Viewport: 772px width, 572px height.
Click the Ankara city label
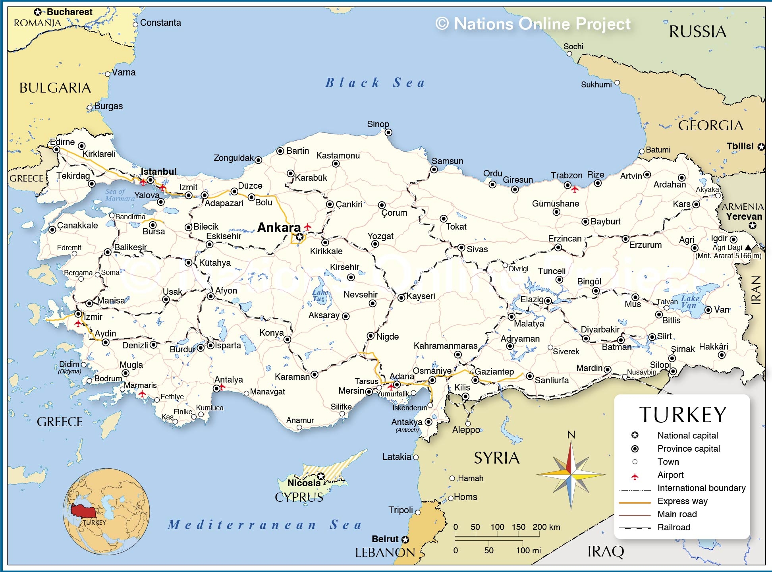(x=279, y=228)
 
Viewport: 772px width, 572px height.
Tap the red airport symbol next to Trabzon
(x=575, y=189)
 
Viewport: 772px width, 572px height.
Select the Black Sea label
(x=375, y=83)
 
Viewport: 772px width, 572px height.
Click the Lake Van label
(x=690, y=301)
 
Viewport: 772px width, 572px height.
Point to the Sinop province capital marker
(x=388, y=132)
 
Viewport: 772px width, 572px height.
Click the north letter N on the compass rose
(x=571, y=435)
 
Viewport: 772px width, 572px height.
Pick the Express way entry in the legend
(x=682, y=501)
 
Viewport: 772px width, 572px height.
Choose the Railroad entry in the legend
(x=674, y=527)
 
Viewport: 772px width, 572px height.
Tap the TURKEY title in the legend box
(x=683, y=415)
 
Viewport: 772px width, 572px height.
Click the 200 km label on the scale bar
(x=546, y=527)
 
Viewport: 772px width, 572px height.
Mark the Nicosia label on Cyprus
(x=304, y=483)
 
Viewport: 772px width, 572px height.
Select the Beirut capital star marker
(x=405, y=539)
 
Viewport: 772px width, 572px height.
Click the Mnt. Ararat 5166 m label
(x=728, y=256)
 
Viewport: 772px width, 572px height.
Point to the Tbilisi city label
(x=740, y=146)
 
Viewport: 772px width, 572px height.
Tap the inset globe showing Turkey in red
(x=106, y=512)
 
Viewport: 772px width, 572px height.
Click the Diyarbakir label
(x=600, y=329)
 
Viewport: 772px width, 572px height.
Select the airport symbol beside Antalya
(x=222, y=386)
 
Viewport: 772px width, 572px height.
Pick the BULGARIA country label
(x=55, y=88)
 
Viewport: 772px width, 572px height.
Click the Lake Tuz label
(x=319, y=296)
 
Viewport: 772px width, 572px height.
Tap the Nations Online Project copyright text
(x=533, y=24)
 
